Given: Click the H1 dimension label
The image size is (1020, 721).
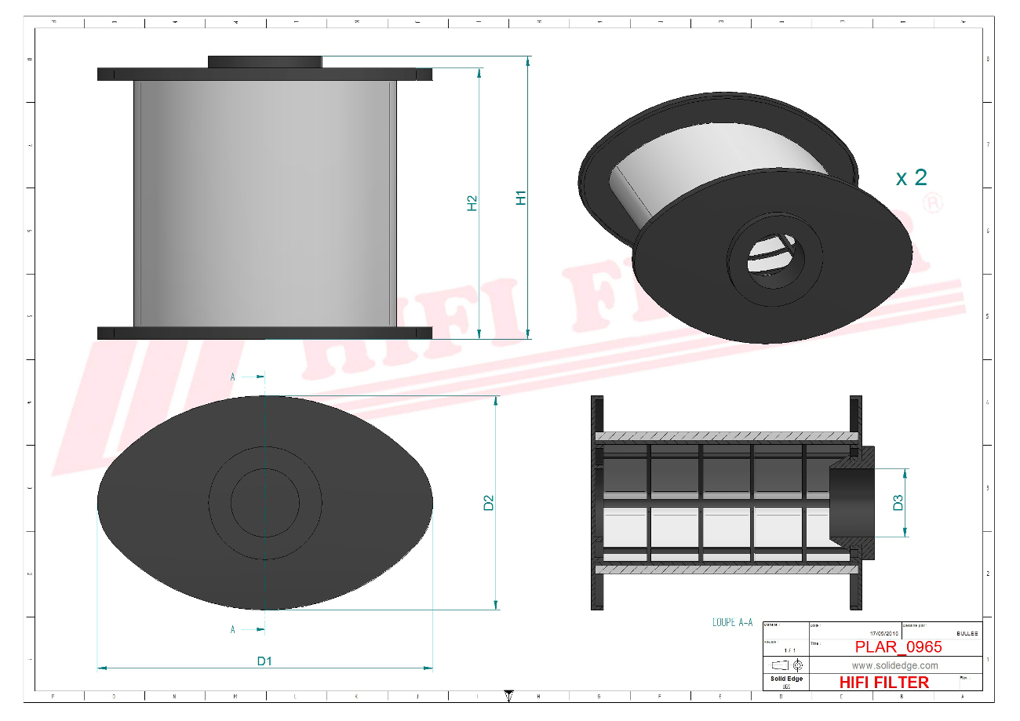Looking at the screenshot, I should (520, 198).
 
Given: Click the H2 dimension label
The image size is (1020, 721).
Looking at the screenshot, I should (472, 203).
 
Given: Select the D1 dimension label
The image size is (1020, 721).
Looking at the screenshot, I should (264, 661).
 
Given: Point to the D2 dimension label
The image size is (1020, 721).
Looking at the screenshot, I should (488, 503).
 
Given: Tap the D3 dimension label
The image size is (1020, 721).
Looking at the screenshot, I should (898, 503).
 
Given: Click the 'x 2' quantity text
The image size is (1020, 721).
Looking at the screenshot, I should (911, 177).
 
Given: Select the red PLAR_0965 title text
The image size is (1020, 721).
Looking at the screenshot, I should (898, 647).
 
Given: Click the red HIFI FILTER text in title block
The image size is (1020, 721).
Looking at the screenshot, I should (883, 683).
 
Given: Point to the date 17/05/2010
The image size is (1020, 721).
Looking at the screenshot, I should (884, 633).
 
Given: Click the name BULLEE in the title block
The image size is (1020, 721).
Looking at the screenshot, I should (967, 633).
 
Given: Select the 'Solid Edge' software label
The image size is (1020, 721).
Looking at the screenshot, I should (785, 679).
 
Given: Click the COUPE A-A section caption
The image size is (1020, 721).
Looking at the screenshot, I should (732, 622).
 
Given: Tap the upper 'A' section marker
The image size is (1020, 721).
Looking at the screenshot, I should (233, 377).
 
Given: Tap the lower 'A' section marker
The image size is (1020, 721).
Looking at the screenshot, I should (233, 629).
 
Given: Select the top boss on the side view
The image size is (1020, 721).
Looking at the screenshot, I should (264, 62).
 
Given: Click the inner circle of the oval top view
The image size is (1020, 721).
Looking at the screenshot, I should (264, 503).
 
